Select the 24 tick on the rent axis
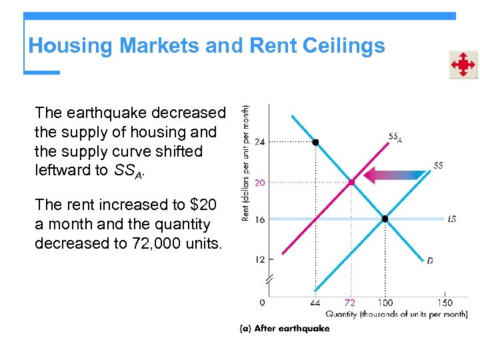[x=259, y=142]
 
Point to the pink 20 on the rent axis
[x=259, y=182]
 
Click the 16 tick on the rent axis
[x=259, y=219]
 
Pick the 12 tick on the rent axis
[x=259, y=259]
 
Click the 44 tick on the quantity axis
[x=315, y=303]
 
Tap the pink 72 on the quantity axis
[x=350, y=303]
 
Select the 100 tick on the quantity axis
[x=385, y=303]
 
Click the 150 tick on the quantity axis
[x=445, y=303]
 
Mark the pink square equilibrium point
[x=351, y=181]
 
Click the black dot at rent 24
[x=315, y=142]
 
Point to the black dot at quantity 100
[x=385, y=219]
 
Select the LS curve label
[x=451, y=219]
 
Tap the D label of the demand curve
[x=430, y=261]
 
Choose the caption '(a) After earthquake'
[x=285, y=328]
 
